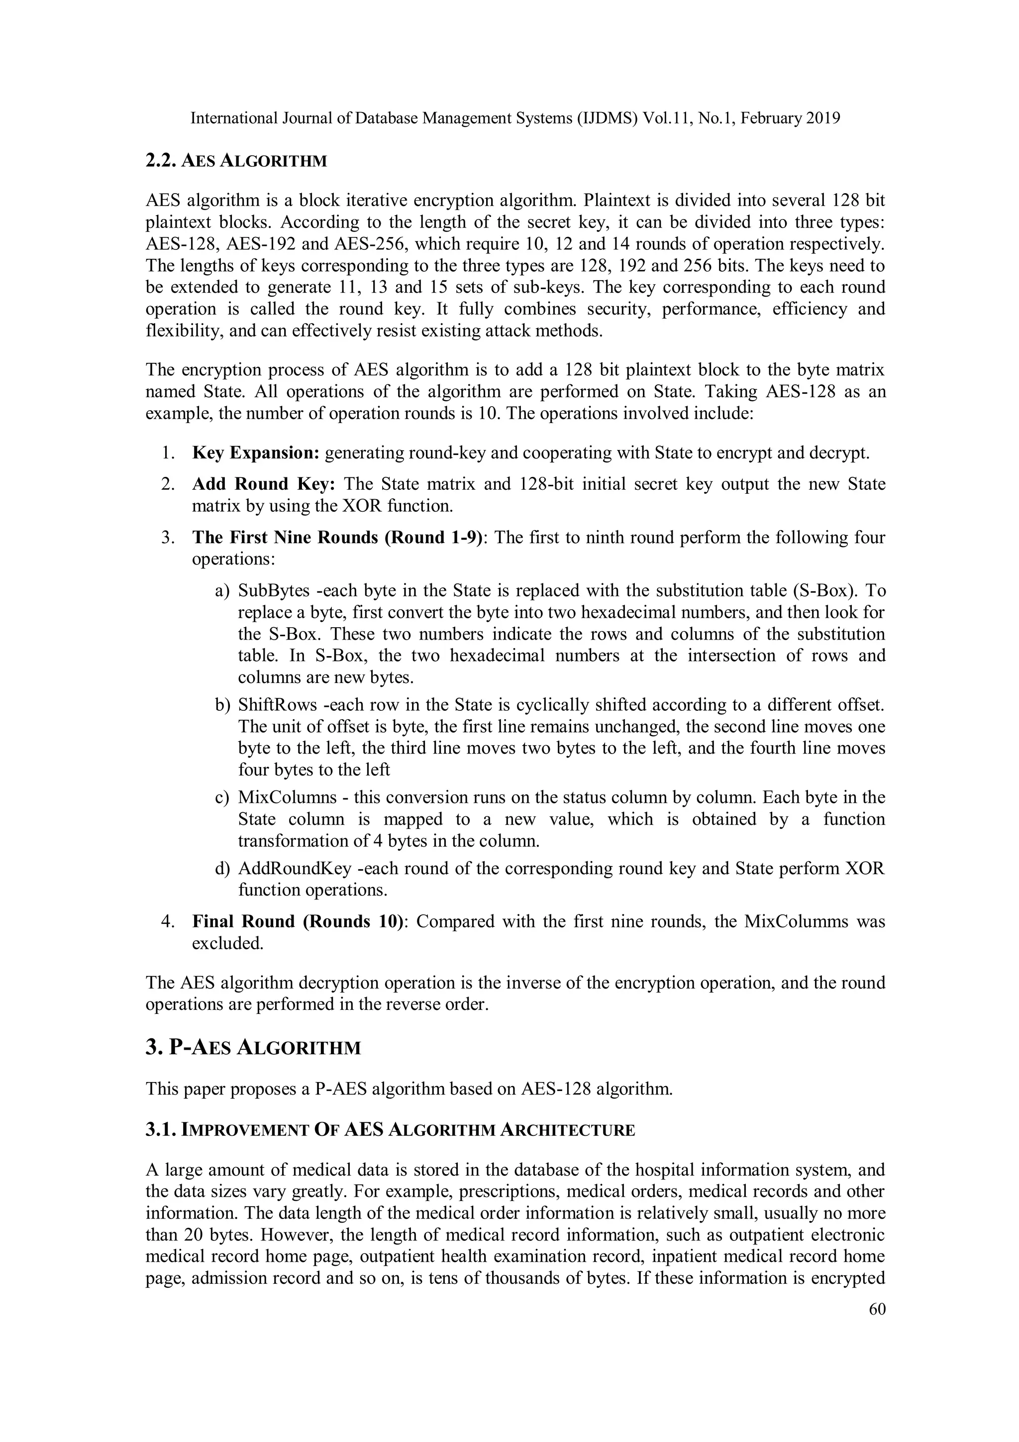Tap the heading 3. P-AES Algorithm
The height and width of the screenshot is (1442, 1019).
click(x=253, y=1048)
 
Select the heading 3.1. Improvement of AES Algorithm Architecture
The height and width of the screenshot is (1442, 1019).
click(x=390, y=1130)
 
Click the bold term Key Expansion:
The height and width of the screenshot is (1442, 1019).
click(x=256, y=453)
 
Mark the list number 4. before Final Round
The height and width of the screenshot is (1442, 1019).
click(x=168, y=921)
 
